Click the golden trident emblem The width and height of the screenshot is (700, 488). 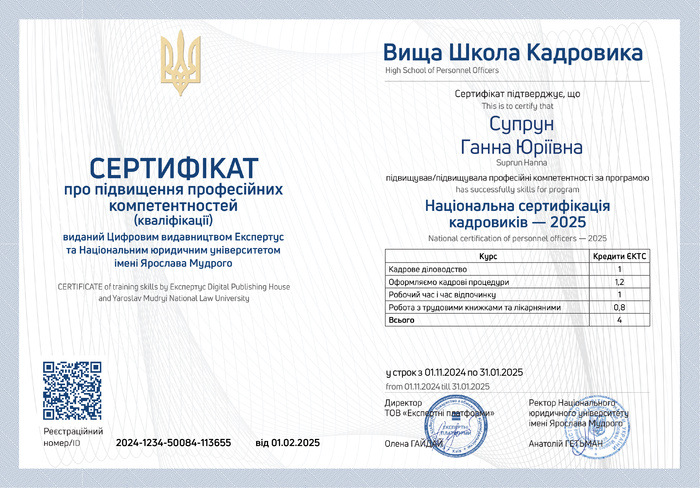[x=180, y=62]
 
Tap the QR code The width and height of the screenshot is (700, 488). [x=72, y=390]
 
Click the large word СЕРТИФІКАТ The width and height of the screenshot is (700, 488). [x=174, y=169]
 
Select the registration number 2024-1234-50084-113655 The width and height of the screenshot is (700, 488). [x=173, y=443]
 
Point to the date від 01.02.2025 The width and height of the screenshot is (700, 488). [x=287, y=443]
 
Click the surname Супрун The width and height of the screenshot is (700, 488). [x=521, y=124]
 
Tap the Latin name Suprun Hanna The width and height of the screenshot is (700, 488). [x=521, y=163]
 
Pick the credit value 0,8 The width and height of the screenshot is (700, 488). [x=619, y=307]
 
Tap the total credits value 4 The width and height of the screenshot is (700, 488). [x=619, y=320]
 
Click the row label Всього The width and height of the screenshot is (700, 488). [x=401, y=320]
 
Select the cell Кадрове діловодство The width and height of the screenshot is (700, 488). [x=428, y=269]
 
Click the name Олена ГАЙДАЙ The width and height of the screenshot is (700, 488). [x=413, y=444]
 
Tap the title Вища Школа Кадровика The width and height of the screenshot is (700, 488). [x=513, y=52]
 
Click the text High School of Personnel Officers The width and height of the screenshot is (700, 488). [x=442, y=70]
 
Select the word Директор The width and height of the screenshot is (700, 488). [x=403, y=403]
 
